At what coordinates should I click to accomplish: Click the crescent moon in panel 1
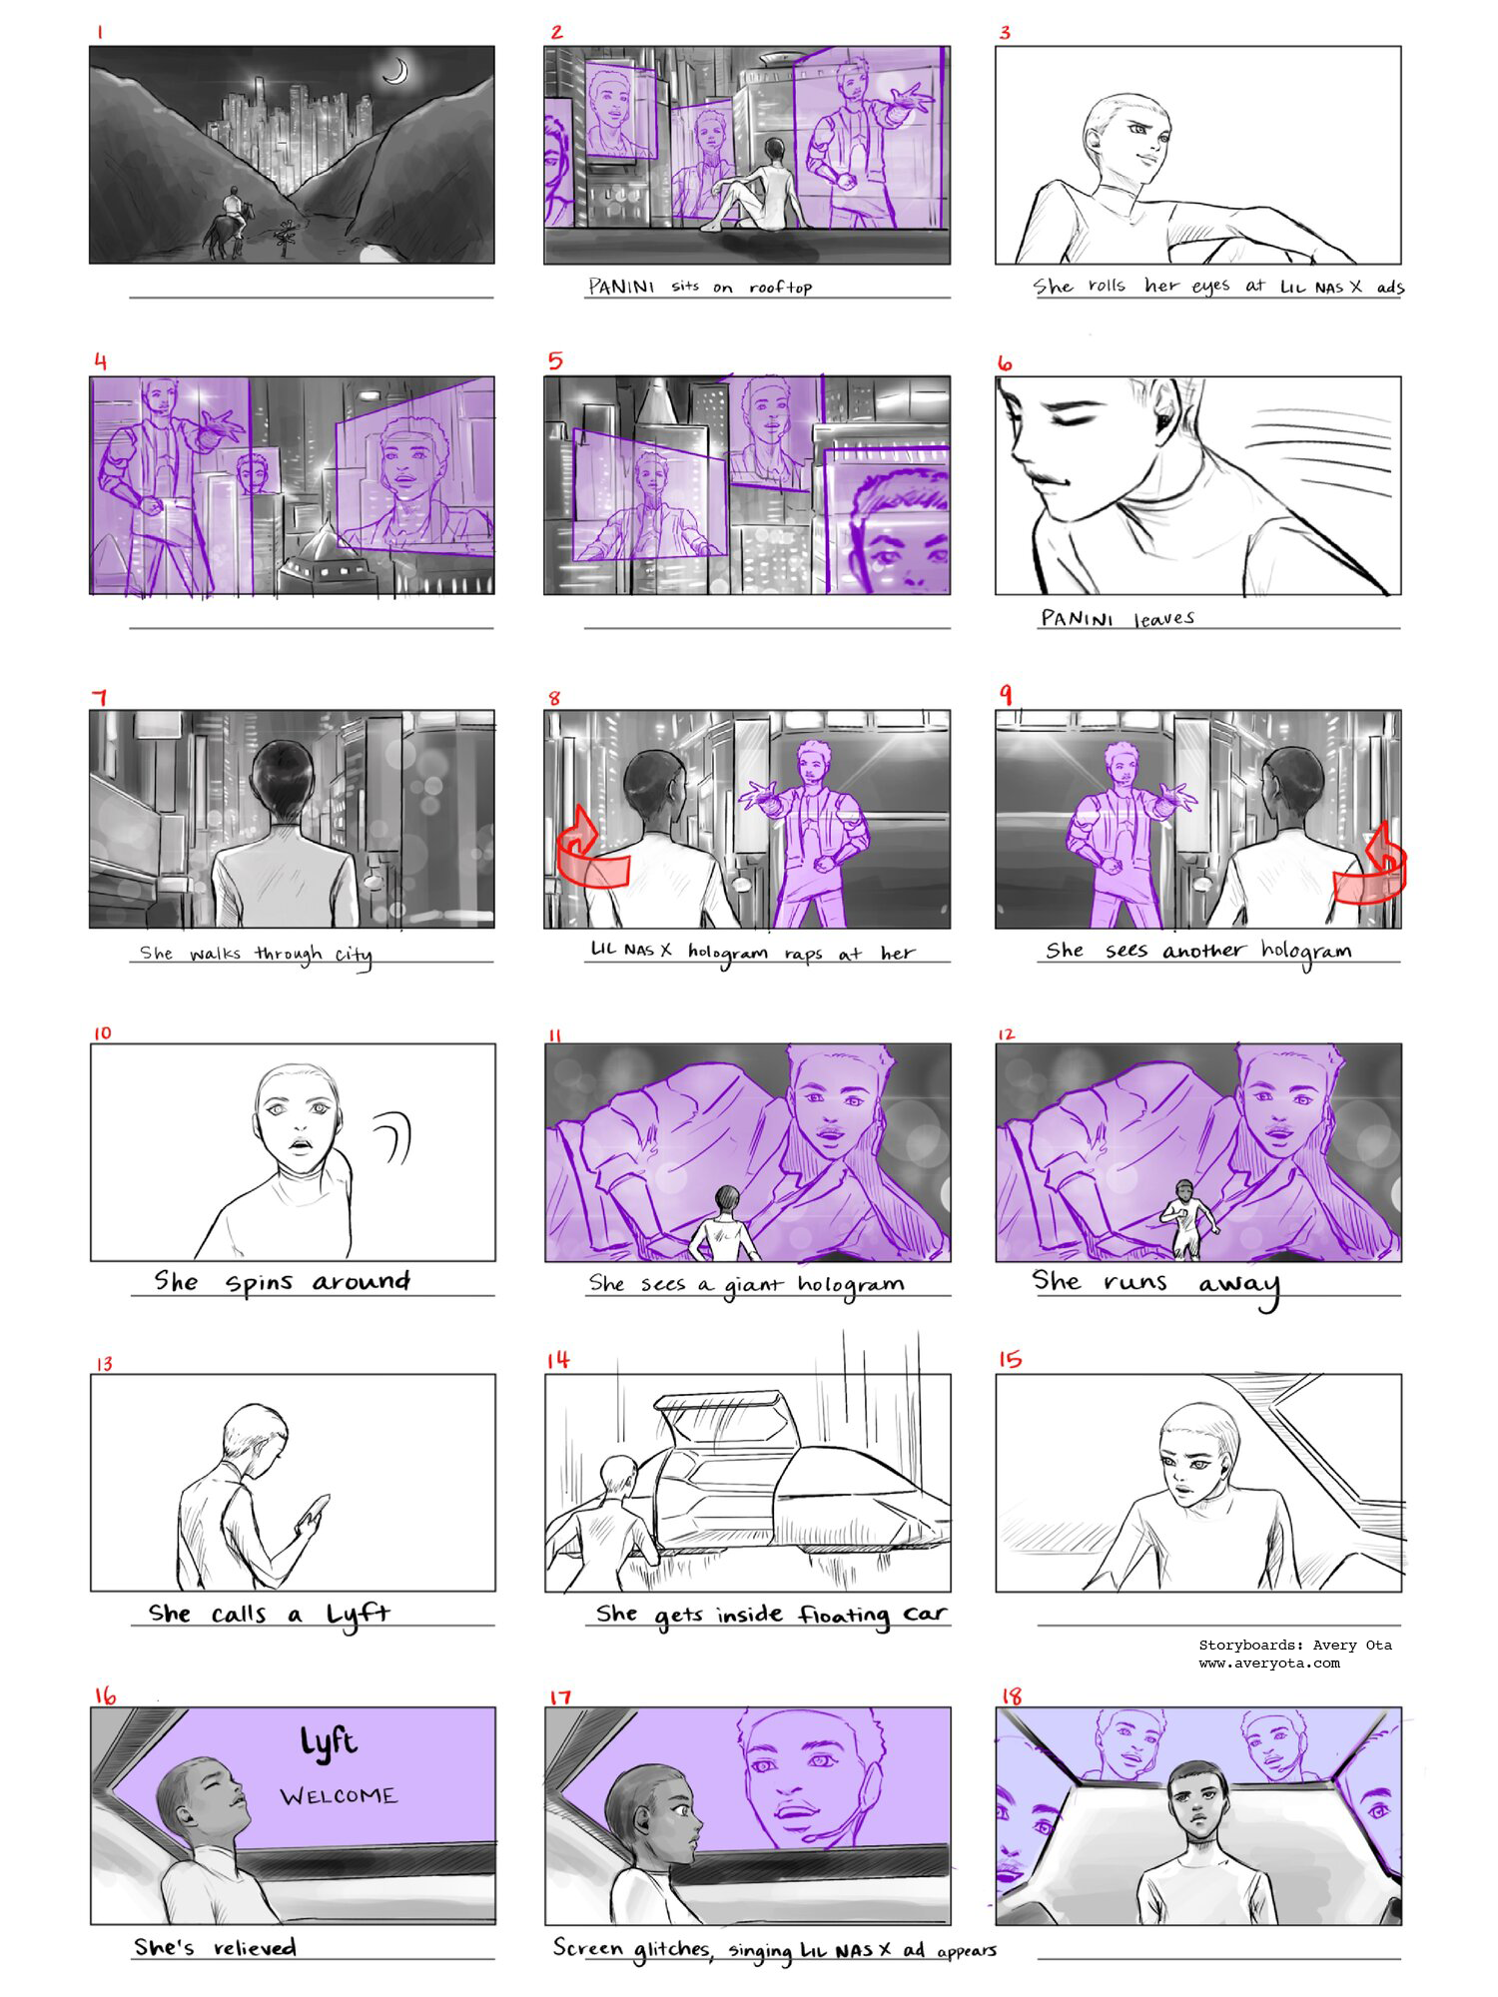(x=397, y=71)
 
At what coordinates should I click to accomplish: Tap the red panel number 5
(x=555, y=360)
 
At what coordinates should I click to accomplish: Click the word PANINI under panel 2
(x=621, y=288)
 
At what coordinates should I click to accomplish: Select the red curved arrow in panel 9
(x=1373, y=864)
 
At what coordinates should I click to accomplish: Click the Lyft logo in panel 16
(x=329, y=1743)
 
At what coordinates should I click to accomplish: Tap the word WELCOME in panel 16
(x=339, y=1796)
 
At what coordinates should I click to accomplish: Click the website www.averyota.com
(x=1268, y=1664)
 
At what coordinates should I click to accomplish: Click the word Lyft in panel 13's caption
(x=358, y=1616)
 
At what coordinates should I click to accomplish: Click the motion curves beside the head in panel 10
(x=394, y=1137)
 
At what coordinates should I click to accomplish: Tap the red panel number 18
(x=1011, y=1696)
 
